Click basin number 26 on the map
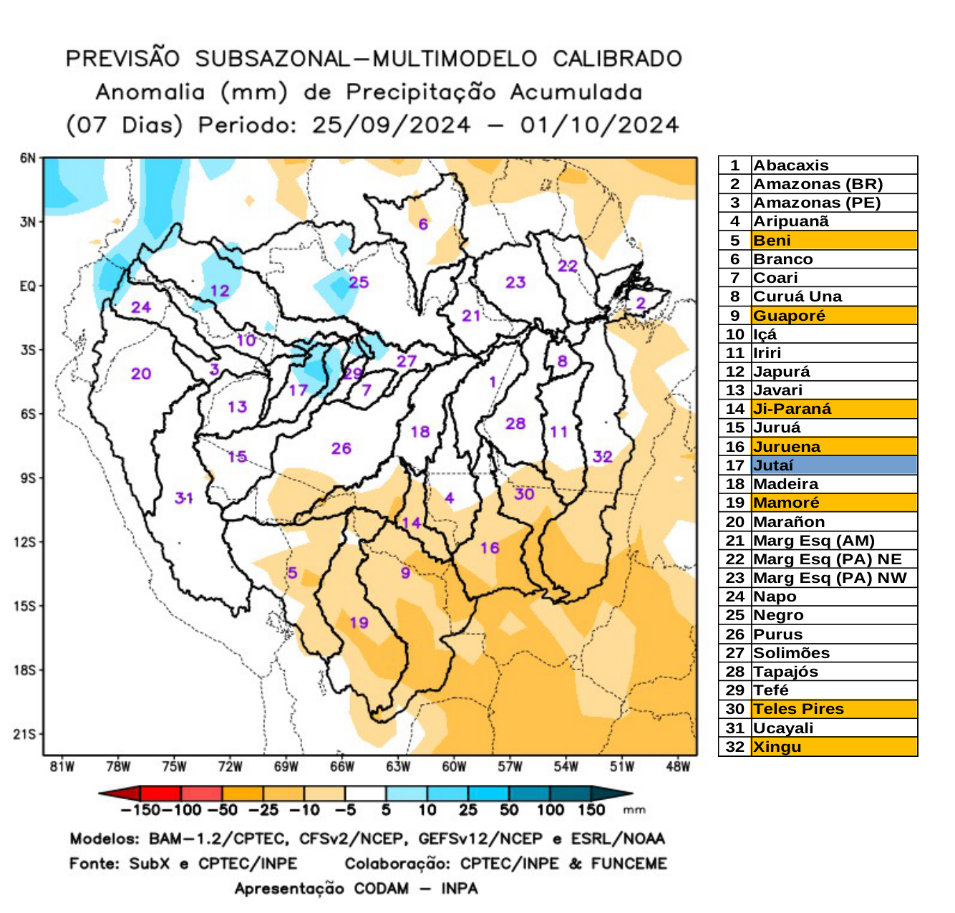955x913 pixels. (x=341, y=448)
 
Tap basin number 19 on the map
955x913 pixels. (x=359, y=622)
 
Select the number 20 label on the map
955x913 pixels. (x=141, y=373)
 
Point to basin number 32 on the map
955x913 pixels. (x=602, y=456)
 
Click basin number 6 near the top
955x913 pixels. (x=423, y=224)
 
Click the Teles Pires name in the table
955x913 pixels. (x=798, y=709)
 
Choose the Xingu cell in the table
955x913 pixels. (x=777, y=747)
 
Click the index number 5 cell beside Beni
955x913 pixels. (x=735, y=241)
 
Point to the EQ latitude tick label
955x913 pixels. (x=27, y=286)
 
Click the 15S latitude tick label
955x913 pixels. (x=24, y=607)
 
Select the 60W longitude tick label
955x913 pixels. (x=454, y=767)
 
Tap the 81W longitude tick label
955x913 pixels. (x=62, y=767)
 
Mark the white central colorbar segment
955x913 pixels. (x=365, y=793)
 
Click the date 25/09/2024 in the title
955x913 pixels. (x=391, y=125)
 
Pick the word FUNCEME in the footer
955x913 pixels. (x=629, y=864)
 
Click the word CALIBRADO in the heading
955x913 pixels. (x=617, y=59)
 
